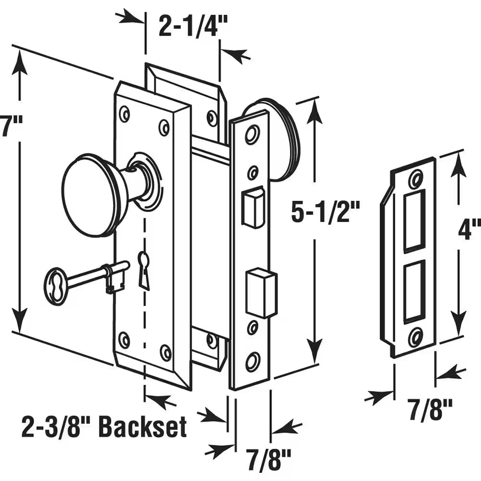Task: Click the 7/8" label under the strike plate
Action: [432, 410]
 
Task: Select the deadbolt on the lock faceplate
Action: [262, 293]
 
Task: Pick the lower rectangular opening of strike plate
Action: [414, 291]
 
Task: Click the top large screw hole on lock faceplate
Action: [252, 134]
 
